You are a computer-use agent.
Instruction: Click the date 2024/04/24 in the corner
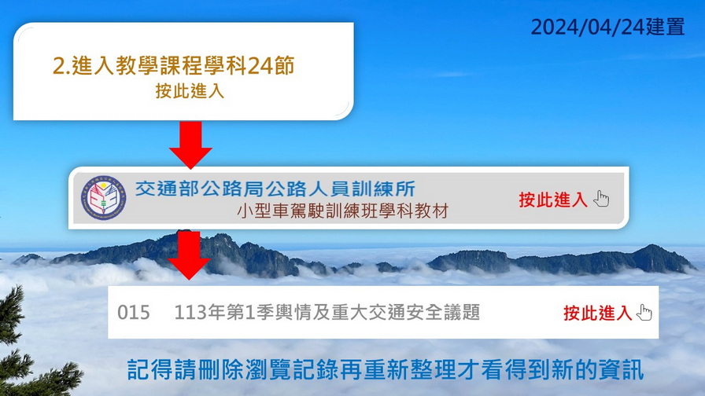coord(588,27)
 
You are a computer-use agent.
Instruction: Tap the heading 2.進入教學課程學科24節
coord(174,65)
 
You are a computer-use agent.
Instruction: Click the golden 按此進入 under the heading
coord(190,90)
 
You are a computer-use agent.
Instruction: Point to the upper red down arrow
coord(190,145)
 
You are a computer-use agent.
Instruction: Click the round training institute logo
coord(103,197)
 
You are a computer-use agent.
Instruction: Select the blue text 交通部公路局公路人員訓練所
coord(275,189)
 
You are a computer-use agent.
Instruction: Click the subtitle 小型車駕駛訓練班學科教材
coord(342,211)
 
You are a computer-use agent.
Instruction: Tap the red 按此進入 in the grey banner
coord(553,200)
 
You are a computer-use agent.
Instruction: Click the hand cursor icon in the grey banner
coord(601,199)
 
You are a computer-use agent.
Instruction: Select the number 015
coord(134,313)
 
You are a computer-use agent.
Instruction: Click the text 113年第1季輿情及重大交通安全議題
coord(327,313)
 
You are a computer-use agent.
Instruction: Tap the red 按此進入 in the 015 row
coord(597,313)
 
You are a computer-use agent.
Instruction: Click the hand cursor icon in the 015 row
coord(644,313)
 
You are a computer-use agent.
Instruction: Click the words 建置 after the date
coord(666,27)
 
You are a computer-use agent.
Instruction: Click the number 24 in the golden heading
coord(260,66)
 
